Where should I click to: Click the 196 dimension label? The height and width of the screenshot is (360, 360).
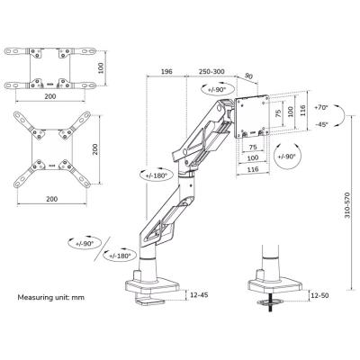[x=166, y=71]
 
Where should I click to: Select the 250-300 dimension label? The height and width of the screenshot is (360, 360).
[x=211, y=71]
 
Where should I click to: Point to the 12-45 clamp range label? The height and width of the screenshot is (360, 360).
[x=199, y=295]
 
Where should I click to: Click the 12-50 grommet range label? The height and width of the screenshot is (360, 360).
[x=319, y=295]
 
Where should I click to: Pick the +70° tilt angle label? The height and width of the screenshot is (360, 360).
[x=321, y=107]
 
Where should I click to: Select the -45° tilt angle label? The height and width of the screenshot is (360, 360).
[x=322, y=124]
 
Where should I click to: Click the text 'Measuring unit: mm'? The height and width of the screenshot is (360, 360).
[x=51, y=298]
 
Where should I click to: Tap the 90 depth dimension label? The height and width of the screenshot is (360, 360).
[x=248, y=76]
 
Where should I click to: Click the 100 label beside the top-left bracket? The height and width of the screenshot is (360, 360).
[x=101, y=67]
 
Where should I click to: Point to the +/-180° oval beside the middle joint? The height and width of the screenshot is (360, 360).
[x=157, y=175]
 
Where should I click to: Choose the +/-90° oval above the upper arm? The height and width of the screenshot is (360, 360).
[x=217, y=89]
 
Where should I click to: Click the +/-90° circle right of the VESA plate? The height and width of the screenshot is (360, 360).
[x=287, y=156]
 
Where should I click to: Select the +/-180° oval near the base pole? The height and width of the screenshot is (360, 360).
[x=120, y=256]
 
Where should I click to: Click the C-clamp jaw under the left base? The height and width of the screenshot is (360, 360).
[x=151, y=301]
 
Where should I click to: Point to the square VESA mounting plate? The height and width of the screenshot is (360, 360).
[x=252, y=116]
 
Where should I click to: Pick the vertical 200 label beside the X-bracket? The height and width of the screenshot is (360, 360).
[x=95, y=149]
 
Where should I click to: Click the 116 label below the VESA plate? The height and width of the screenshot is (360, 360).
[x=253, y=169]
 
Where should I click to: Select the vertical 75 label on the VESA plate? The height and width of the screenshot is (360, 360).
[x=278, y=113]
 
